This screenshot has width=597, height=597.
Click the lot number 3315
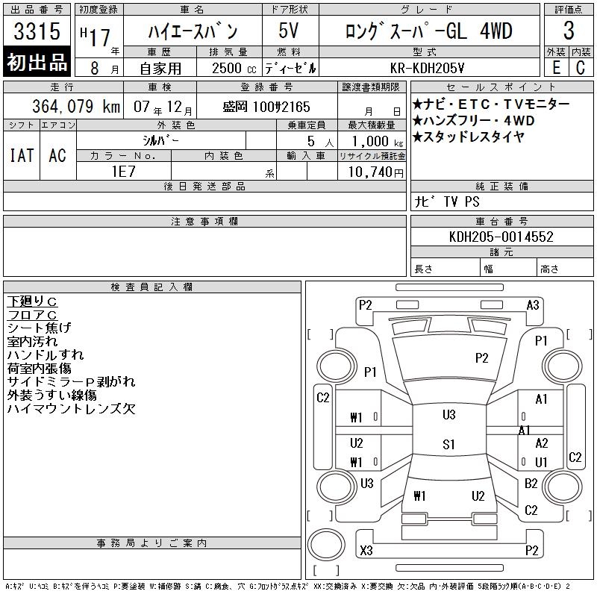tap(37, 31)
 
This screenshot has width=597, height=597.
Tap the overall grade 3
tap(569, 31)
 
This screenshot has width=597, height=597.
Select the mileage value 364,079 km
tap(76, 106)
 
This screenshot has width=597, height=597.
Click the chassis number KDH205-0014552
tap(501, 237)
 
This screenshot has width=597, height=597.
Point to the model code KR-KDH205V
tap(427, 68)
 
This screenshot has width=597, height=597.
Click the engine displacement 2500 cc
tap(234, 69)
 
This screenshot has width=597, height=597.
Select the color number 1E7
tap(123, 172)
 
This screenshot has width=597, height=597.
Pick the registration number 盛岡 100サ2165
tap(266, 107)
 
